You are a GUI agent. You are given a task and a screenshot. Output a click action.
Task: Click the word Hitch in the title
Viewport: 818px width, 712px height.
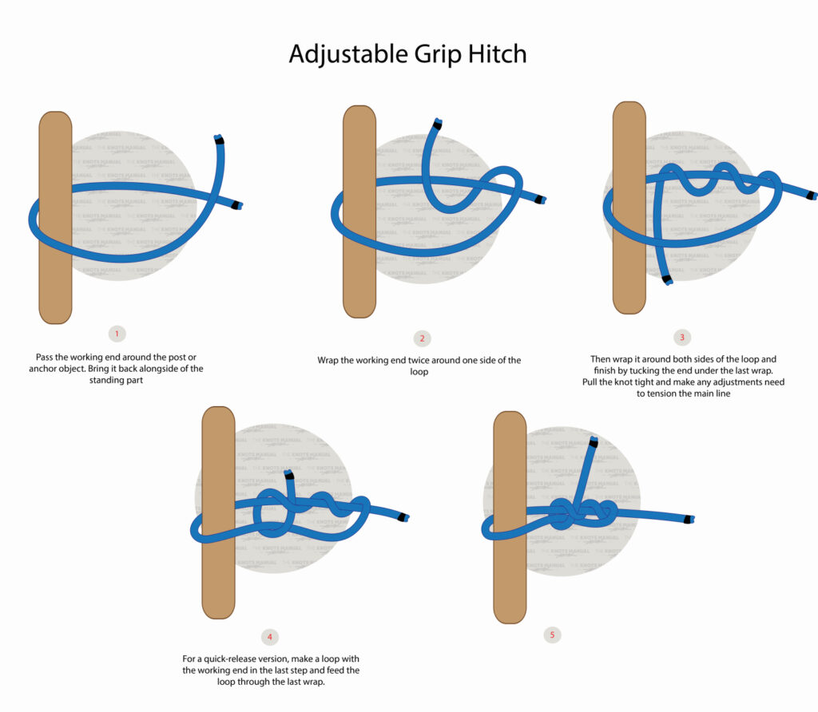[496, 53]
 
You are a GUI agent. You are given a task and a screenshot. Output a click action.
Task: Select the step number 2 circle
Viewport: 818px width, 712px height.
[422, 338]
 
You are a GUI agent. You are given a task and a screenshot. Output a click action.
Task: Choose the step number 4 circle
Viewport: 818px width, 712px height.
[270, 637]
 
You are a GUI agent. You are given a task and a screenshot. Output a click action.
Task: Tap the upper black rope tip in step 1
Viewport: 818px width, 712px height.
[219, 140]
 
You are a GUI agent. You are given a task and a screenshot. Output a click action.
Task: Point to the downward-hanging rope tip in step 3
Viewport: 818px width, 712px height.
[667, 279]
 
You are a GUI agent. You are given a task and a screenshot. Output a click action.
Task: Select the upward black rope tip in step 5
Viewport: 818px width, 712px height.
[593, 441]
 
